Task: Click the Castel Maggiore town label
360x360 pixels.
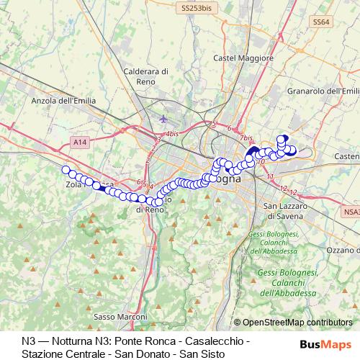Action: (236, 57)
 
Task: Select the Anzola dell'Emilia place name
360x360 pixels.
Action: (63, 102)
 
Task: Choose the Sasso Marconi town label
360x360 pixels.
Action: (116, 315)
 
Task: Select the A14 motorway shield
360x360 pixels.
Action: (80, 143)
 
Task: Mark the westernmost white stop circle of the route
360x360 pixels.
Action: (66, 170)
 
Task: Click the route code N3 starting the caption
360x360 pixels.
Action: (28, 339)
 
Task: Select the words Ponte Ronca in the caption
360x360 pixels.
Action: (153, 339)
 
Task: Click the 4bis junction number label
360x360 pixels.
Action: (171, 134)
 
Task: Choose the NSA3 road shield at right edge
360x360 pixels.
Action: (351, 212)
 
